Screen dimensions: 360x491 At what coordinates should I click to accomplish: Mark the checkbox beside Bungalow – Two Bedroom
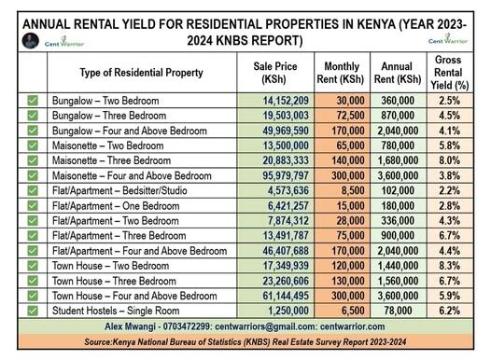pyautogui.click(x=33, y=101)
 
